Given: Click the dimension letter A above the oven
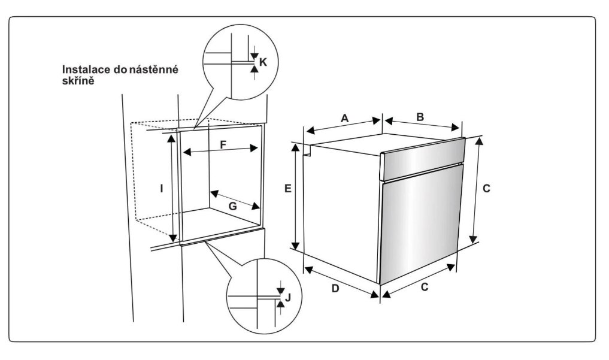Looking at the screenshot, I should [x=345, y=119].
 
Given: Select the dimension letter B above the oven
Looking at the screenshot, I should [x=420, y=117].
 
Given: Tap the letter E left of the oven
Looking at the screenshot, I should [x=288, y=189].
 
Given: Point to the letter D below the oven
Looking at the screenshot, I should [x=336, y=289].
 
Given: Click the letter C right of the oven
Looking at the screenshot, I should [x=487, y=189].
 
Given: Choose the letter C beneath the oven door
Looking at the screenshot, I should [x=424, y=287].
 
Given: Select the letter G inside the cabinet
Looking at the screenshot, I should [x=233, y=205].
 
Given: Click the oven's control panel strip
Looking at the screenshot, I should [x=423, y=158].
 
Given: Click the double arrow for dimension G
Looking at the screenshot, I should [x=235, y=200].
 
